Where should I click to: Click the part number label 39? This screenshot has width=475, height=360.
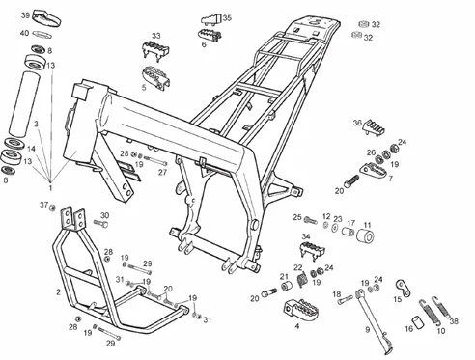tap(25, 15)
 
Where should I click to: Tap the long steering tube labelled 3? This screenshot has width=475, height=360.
tap(24, 104)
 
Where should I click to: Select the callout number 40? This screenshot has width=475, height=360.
tap(24, 33)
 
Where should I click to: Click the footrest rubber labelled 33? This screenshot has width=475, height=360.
tap(155, 51)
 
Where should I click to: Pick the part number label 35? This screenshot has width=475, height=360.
tap(227, 18)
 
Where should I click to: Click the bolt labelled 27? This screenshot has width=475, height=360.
tap(155, 160)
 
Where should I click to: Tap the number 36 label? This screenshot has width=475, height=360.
tap(357, 123)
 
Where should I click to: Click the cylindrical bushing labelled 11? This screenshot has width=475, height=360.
tap(365, 237)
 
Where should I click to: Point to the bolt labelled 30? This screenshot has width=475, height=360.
tap(100, 224)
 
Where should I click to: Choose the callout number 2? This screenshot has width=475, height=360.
tap(58, 292)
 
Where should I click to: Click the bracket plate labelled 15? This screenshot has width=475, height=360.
tap(403, 288)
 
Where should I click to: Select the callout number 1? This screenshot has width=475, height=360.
tap(50, 187)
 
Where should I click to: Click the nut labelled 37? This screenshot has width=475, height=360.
tap(53, 208)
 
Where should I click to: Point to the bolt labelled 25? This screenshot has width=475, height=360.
tap(311, 221)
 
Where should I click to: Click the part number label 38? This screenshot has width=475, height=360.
tap(454, 320)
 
